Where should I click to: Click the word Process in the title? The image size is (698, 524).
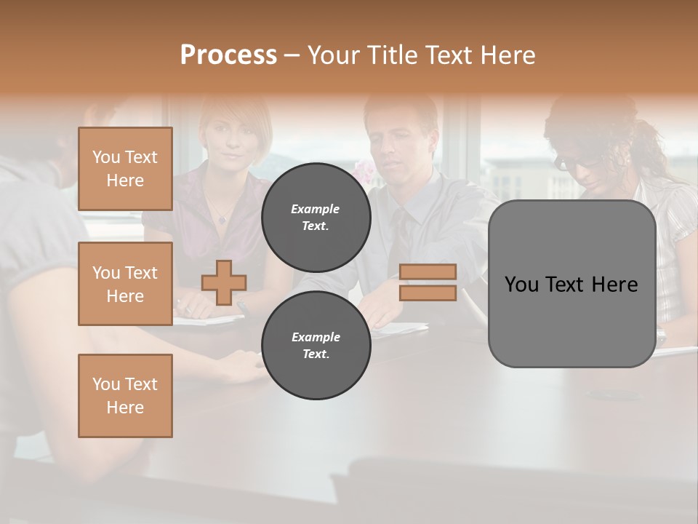click(228, 55)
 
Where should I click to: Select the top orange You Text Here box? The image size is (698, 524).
click(125, 169)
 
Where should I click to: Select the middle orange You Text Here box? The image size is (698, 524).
click(125, 284)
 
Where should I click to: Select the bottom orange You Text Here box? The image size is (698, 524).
click(125, 395)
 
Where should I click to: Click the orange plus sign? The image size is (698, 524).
click(224, 282)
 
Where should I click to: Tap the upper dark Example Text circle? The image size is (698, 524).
click(316, 217)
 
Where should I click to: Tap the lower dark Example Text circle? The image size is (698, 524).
click(316, 345)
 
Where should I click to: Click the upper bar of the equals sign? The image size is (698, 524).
click(428, 271)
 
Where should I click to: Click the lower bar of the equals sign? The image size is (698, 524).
click(428, 293)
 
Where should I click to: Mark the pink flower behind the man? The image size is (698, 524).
click(364, 172)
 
